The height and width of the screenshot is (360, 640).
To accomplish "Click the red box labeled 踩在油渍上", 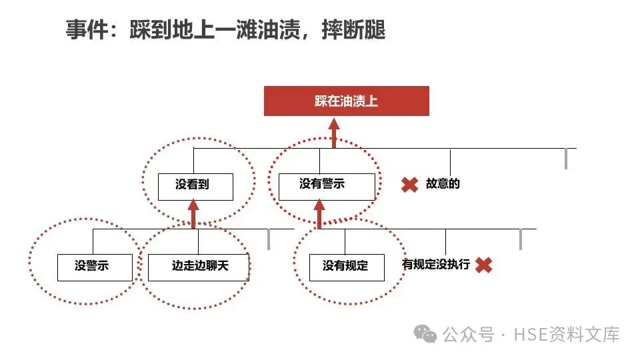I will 346,101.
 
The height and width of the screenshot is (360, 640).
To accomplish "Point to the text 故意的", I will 443,184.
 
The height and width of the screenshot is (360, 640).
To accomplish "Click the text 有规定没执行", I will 435,265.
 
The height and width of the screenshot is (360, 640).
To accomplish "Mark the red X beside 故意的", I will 409,185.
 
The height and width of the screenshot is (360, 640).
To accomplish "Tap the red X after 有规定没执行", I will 484,265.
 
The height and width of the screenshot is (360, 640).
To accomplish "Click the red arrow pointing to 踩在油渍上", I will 334,132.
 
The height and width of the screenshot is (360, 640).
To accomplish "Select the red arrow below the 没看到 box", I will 194,214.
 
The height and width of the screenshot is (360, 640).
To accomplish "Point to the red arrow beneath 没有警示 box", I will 319,214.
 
